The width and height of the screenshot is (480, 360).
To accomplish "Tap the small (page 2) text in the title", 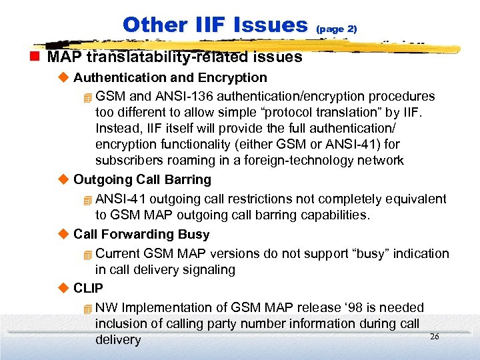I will coord(337,29).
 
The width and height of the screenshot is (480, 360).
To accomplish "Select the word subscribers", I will coord(127,160).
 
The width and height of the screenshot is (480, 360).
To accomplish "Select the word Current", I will coord(118,253).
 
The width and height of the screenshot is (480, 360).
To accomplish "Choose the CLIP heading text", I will coord(88,289).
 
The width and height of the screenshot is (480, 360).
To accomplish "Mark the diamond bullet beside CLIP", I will coord(64,289).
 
